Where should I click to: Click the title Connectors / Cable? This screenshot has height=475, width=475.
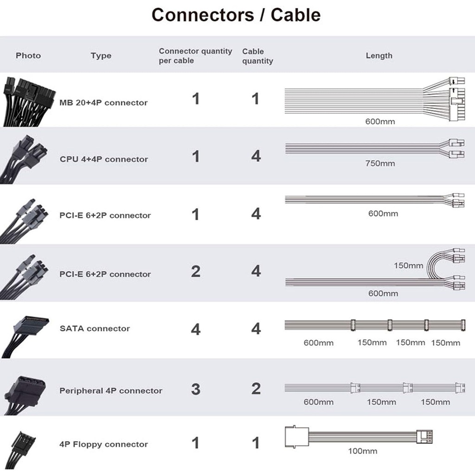click(x=236, y=15)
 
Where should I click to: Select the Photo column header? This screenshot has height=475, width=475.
click(x=28, y=56)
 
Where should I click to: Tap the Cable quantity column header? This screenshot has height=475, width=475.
click(x=257, y=56)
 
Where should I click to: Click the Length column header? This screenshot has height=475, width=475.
click(x=379, y=56)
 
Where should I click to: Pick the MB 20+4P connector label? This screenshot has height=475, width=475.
click(x=103, y=103)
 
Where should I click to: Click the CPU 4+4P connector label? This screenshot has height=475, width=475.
click(x=104, y=159)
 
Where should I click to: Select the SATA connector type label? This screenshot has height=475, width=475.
click(x=95, y=328)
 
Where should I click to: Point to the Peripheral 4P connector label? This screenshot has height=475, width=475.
click(x=111, y=391)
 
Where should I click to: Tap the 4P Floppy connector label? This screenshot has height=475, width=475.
click(x=103, y=444)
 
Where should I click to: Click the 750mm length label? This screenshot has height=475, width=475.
click(x=380, y=163)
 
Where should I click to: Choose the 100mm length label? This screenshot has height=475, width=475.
click(x=362, y=451)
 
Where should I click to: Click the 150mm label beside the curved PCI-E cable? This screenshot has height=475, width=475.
click(x=408, y=266)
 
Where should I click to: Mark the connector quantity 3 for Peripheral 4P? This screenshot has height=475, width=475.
click(x=196, y=389)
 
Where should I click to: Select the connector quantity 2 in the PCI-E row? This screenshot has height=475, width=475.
click(x=196, y=271)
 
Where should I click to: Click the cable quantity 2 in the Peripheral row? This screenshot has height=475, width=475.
click(x=256, y=389)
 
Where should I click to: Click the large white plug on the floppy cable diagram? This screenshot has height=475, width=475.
click(x=295, y=436)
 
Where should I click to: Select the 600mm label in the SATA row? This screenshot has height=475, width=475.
click(x=318, y=343)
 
